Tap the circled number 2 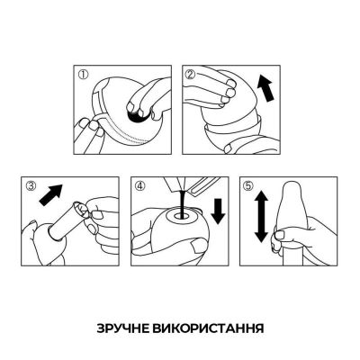(191, 75)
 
